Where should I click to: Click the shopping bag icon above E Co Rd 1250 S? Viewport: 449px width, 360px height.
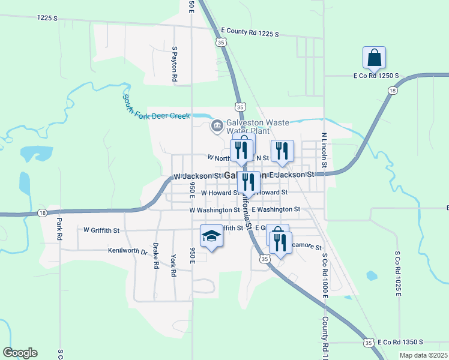pos(374,58)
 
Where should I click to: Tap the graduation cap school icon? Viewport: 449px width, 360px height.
pos(211,236)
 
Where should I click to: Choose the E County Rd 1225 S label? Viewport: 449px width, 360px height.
pos(250,32)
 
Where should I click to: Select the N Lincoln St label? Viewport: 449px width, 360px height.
pos(324,150)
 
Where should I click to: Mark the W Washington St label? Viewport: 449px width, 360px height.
pos(214,210)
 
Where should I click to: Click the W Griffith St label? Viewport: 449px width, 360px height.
pos(101,230)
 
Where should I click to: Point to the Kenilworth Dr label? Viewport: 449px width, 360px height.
pos(128,251)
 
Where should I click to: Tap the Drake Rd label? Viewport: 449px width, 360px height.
pos(155,256)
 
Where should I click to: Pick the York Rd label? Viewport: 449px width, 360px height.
pos(173,264)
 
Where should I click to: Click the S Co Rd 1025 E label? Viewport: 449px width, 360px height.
pos(397,274)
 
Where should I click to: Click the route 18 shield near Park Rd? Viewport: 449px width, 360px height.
pos(41,213)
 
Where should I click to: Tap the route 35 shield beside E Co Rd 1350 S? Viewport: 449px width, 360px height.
pos(367,342)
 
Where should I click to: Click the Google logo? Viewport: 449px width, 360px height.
pos(20,353)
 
